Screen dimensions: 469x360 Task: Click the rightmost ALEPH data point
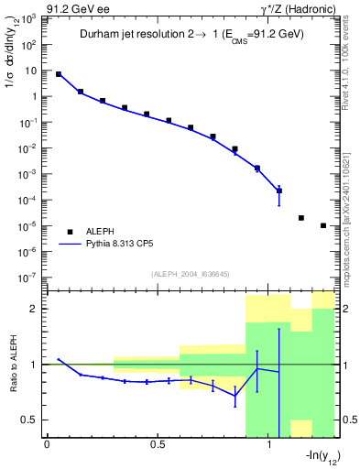[x=323, y=225]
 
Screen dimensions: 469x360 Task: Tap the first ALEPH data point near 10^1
[x=59, y=74]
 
